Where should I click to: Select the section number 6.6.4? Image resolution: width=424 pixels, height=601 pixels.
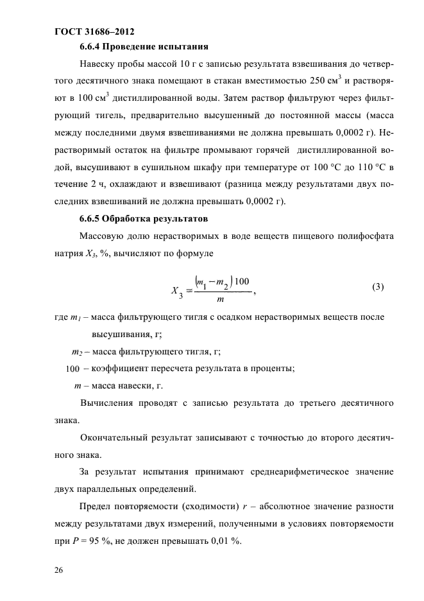(92, 47)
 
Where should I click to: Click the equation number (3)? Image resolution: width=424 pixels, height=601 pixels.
(378, 287)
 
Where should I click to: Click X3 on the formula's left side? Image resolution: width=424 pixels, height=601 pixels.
(177, 291)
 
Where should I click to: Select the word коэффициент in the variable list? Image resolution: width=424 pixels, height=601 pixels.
(120, 368)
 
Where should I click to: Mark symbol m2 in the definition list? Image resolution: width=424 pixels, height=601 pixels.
(76, 352)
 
